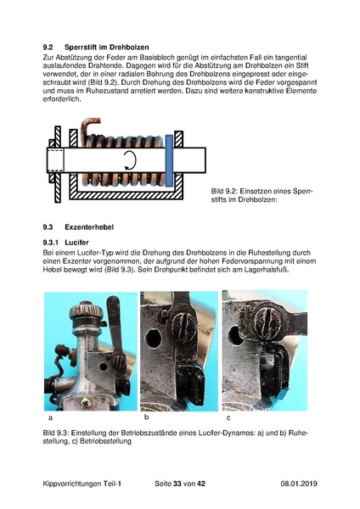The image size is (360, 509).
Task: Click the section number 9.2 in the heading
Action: point(48,47)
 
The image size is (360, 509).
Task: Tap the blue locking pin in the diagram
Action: point(169,161)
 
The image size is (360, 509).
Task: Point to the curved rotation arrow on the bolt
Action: point(131,160)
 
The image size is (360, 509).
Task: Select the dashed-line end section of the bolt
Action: point(55,159)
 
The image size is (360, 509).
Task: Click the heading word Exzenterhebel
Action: point(89,227)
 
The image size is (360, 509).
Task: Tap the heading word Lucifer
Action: point(76,243)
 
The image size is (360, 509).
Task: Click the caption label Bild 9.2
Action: point(224,191)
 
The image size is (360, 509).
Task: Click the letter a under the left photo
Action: point(50,417)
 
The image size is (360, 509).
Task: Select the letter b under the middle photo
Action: point(147,417)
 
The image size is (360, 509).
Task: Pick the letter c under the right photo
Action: point(228,417)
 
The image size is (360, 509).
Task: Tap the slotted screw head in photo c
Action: point(267,321)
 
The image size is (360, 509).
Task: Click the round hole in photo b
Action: point(154,338)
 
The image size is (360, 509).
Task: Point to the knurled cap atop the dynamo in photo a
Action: point(86,310)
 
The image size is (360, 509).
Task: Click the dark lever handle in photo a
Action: point(115,327)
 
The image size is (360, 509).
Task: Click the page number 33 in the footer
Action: point(177,484)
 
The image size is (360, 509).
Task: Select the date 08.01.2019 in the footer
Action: point(299,484)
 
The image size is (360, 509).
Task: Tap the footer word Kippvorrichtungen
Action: point(72,484)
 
